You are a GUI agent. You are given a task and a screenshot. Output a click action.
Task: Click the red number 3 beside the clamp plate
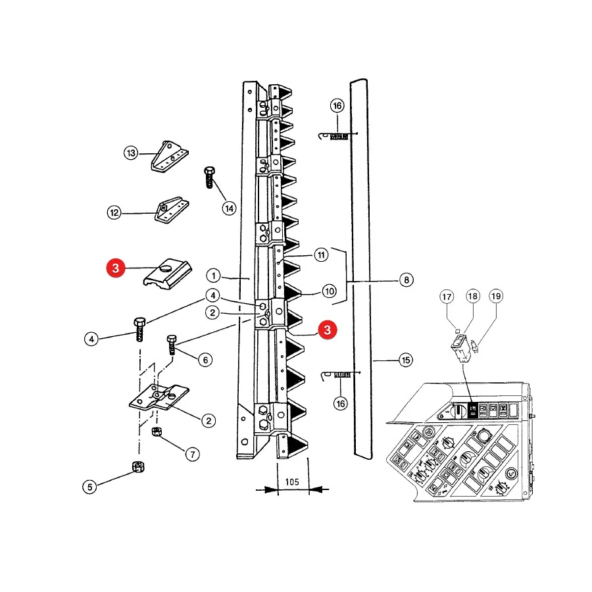pos(116,268)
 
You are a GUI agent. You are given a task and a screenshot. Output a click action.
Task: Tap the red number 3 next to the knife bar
pos(328,330)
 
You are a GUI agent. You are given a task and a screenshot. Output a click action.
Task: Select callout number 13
pos(131,153)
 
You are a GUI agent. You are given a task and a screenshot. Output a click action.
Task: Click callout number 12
pos(114,212)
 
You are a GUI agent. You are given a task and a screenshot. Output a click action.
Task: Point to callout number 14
pos(229,208)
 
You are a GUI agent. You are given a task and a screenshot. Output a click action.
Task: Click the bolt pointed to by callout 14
pos(209,177)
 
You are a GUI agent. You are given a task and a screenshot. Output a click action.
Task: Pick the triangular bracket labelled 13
pos(170,157)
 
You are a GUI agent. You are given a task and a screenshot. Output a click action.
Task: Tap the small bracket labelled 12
pos(172,210)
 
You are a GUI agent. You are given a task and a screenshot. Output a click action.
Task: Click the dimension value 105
pos(292,481)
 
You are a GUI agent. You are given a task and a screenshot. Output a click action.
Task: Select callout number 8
pos(407,280)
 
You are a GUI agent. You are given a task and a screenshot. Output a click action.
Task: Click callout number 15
pos(406,360)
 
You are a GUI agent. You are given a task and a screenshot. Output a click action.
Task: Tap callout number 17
pos(447,297)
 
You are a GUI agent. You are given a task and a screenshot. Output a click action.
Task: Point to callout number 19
pos(496,296)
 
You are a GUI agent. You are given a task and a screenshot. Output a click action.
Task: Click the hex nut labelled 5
pos(139,467)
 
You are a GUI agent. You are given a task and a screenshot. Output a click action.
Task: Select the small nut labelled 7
pos(157,431)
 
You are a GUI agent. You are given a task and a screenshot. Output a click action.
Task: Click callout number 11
pos(321,255)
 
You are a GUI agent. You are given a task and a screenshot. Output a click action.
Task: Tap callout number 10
pos(330,291)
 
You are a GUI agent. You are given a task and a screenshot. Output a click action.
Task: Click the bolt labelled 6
pos(172,344)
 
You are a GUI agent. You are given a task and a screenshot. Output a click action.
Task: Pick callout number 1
pos(213,276)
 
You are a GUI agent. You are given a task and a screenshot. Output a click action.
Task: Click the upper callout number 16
pos(337,106)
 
